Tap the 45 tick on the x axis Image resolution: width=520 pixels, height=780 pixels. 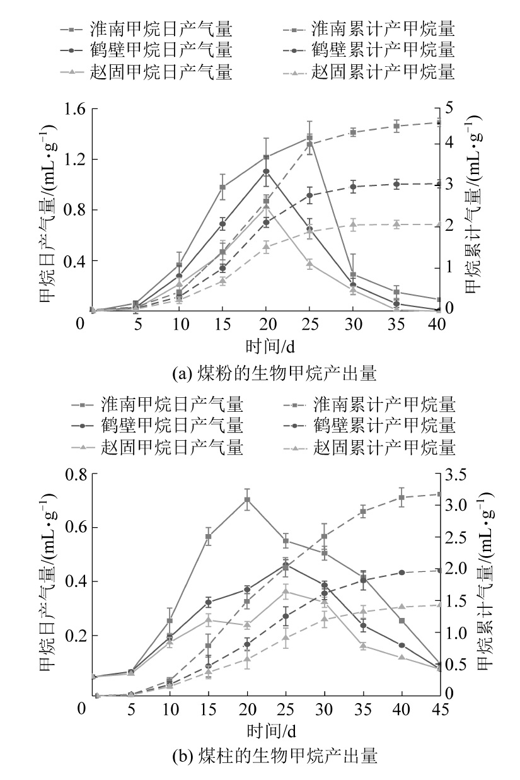pos(440,709)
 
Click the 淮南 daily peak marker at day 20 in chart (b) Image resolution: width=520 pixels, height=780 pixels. pos(248,499)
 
